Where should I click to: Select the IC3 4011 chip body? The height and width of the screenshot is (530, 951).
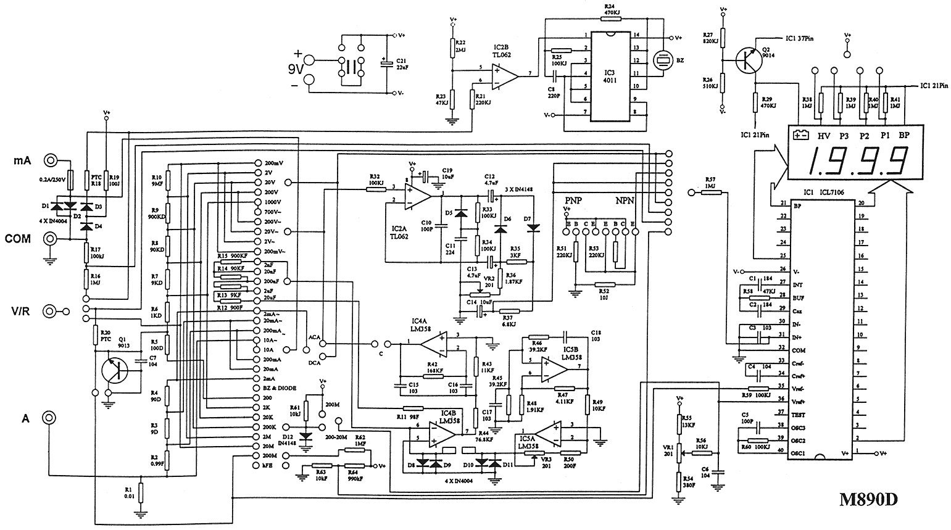[x=609, y=76]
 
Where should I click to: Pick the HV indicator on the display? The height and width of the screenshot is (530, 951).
[x=824, y=135]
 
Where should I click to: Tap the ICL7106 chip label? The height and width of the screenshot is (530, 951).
[x=830, y=192]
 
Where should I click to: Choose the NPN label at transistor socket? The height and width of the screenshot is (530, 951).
[x=625, y=201]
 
